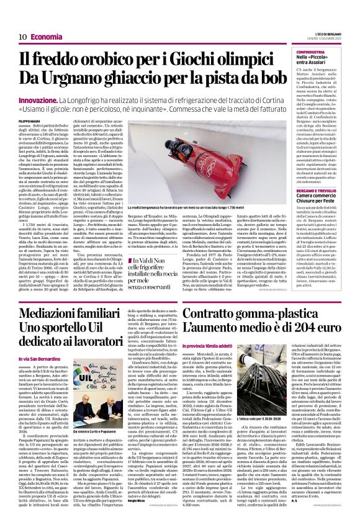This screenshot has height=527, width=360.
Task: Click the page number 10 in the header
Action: tap(22, 37)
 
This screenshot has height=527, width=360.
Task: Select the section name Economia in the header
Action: tap(46, 37)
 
